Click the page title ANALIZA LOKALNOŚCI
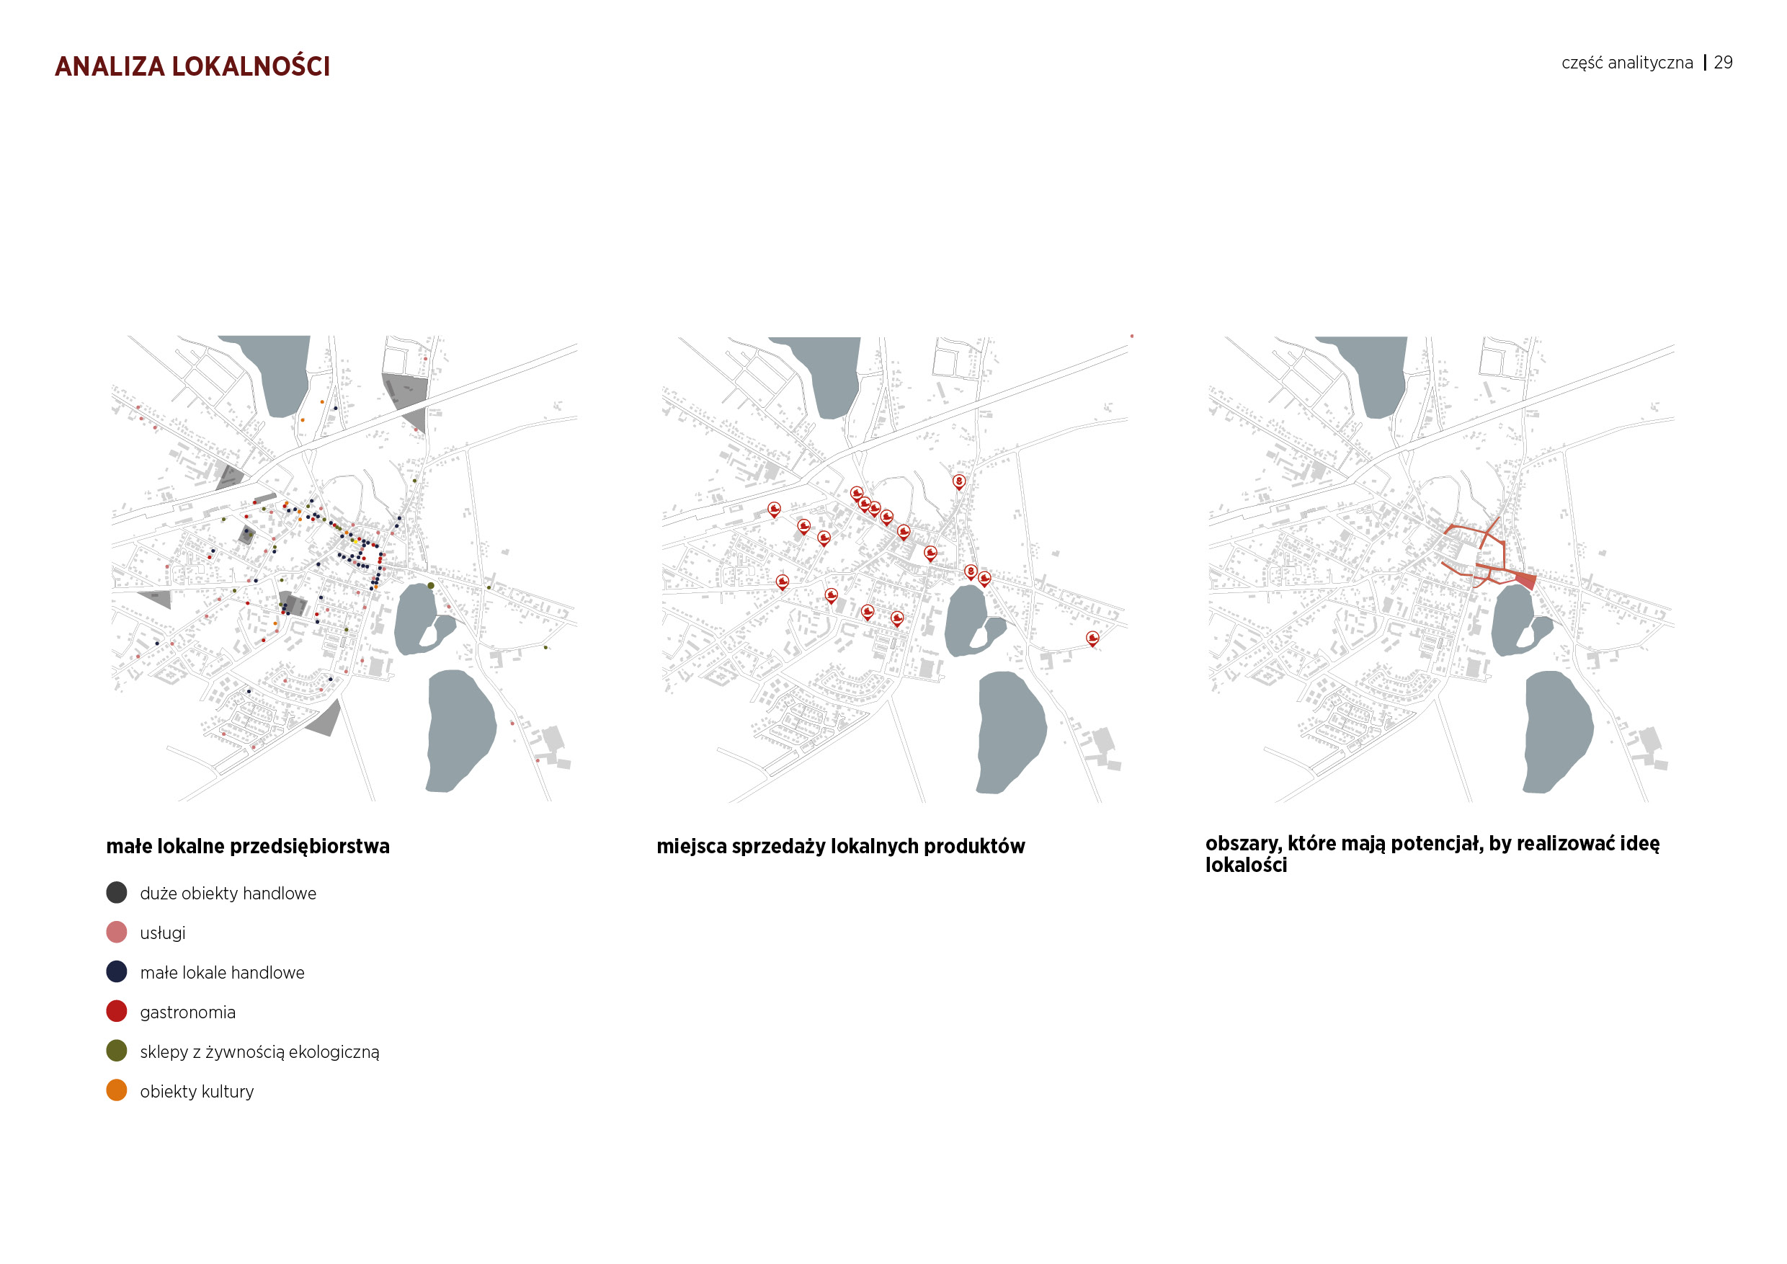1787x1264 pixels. [192, 66]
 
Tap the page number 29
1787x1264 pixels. [1723, 62]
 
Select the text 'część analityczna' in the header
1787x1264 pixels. [1626, 63]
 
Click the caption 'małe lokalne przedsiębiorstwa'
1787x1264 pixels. [247, 846]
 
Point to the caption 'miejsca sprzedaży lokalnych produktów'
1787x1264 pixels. [841, 846]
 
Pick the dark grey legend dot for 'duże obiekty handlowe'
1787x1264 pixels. [117, 893]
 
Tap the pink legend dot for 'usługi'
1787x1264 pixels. [117, 933]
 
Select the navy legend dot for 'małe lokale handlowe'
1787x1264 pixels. [117, 971]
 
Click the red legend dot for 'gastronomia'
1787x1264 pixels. [117, 1011]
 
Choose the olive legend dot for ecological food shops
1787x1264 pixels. [117, 1051]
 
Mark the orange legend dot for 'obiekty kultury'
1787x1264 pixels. [117, 1090]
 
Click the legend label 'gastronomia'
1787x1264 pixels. [187, 1012]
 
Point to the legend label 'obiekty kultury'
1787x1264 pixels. [197, 1092]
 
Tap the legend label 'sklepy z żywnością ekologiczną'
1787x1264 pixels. [259, 1052]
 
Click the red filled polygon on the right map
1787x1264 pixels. [1526, 581]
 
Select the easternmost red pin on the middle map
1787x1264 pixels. [1093, 638]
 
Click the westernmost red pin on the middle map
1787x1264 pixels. [774, 509]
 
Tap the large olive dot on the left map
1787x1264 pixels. [430, 585]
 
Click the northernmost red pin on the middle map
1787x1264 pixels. [959, 481]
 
